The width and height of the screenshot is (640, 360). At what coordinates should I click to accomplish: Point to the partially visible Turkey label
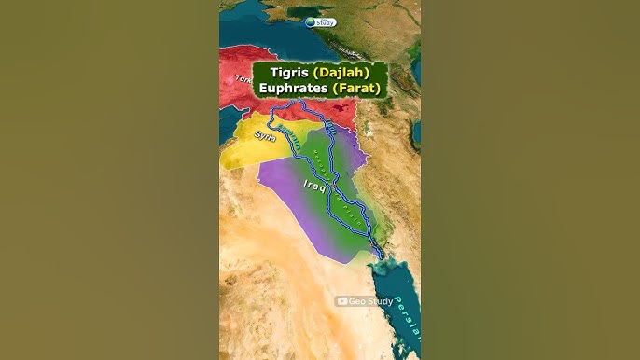point(227,81)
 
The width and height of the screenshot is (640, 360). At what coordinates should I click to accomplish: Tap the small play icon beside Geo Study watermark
point(342,301)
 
